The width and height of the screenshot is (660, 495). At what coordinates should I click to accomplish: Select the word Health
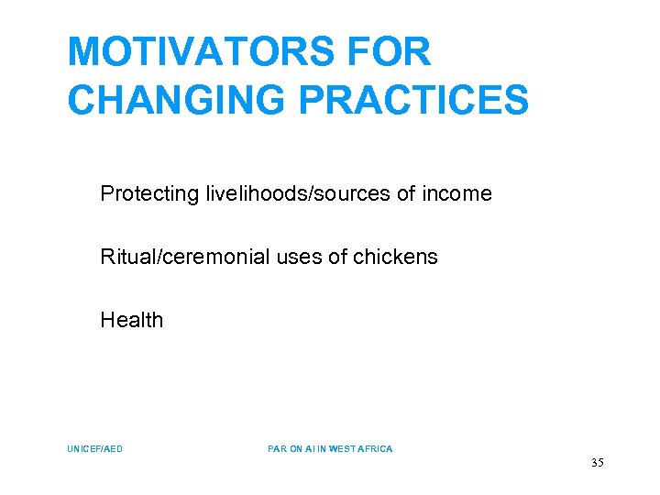pyautogui.click(x=132, y=320)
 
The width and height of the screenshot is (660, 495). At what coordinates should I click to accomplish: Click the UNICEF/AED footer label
pyautogui.click(x=95, y=449)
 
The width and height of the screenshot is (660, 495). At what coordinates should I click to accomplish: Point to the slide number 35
pyautogui.click(x=597, y=463)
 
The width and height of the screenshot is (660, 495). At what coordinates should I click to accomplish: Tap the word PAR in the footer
pyautogui.click(x=276, y=449)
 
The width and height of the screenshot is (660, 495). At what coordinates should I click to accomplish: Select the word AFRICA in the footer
pyautogui.click(x=376, y=449)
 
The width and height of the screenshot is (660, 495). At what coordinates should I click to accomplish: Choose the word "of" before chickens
pyautogui.click(x=337, y=258)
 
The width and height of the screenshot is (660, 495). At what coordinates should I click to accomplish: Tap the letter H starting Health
pyautogui.click(x=107, y=320)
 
